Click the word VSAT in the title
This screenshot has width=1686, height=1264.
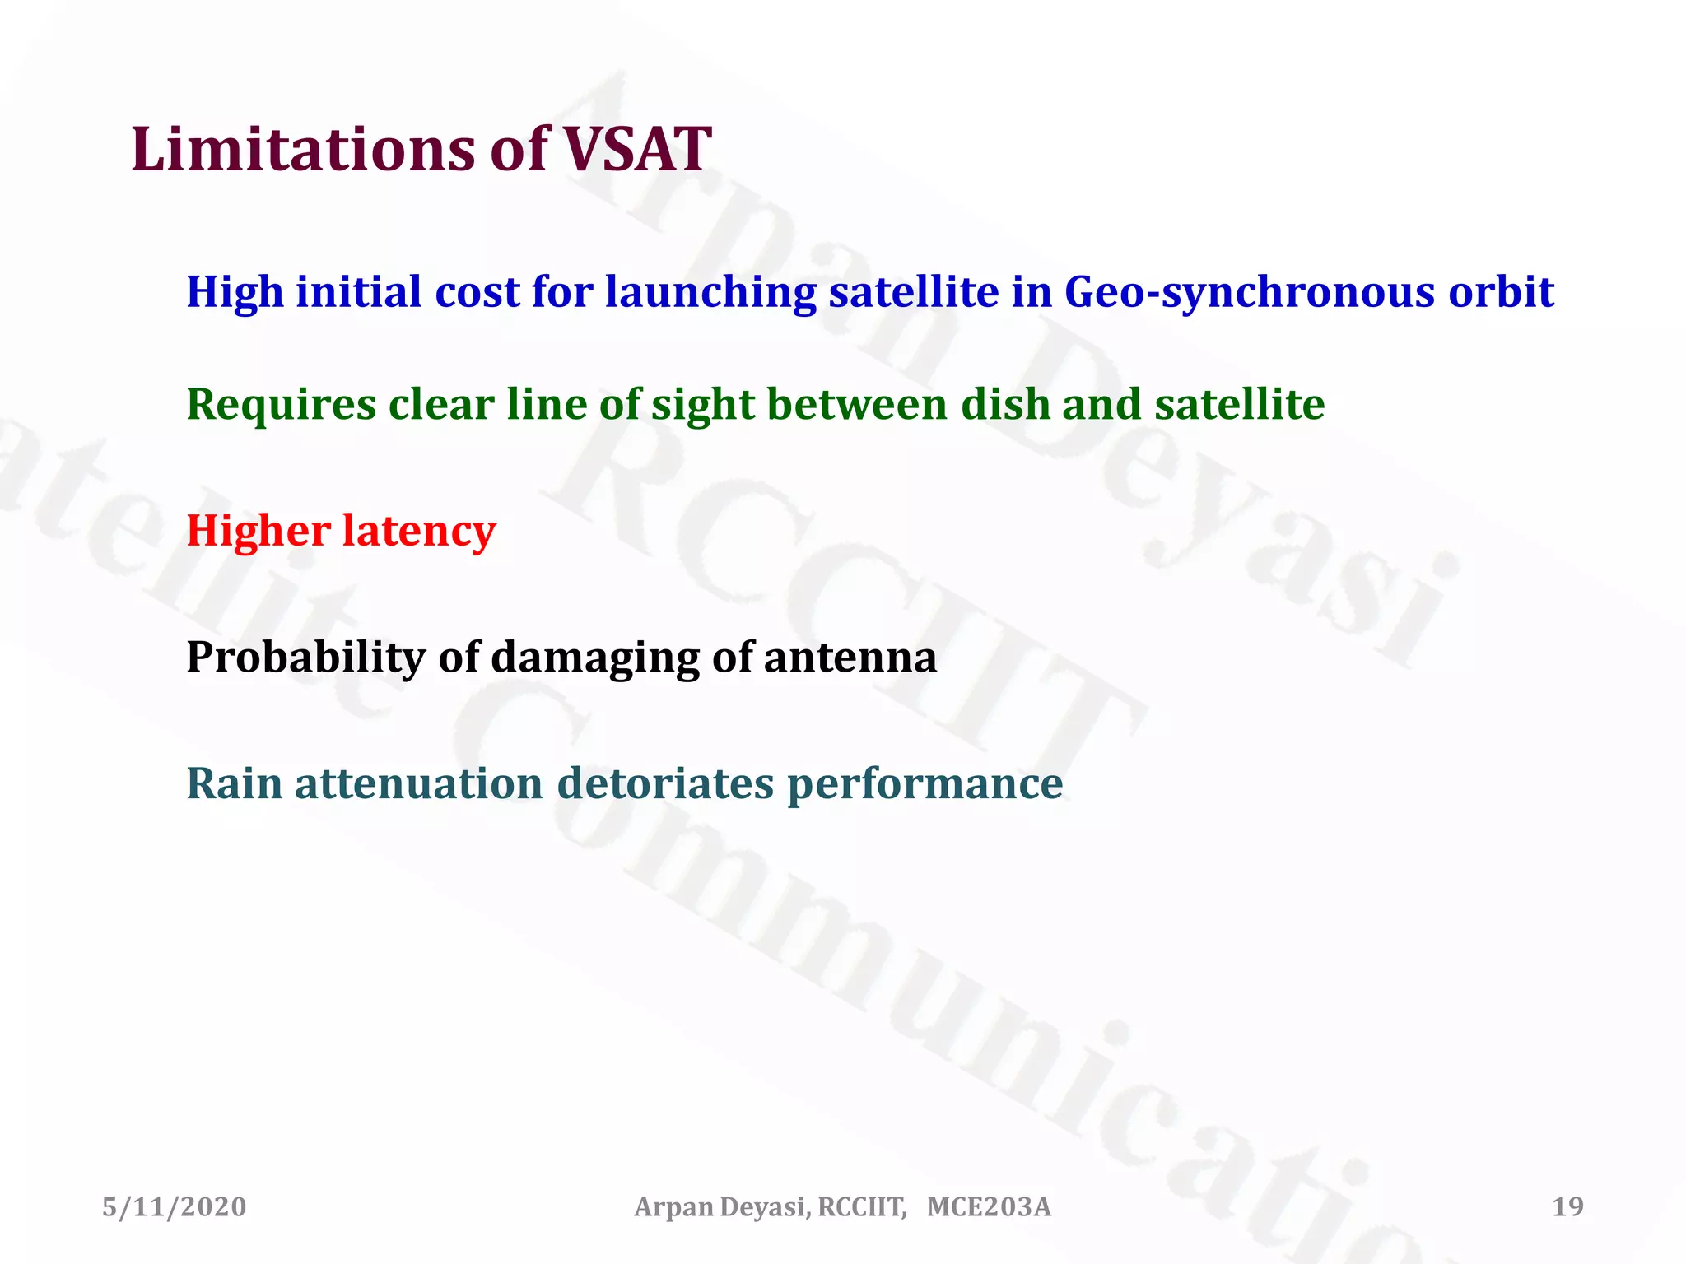(636, 150)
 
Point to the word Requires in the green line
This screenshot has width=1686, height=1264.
(281, 406)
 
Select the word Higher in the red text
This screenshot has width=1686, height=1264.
(258, 531)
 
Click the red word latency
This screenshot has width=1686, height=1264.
(419, 531)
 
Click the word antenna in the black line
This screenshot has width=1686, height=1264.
(850, 658)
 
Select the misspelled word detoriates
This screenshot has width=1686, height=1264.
(665, 783)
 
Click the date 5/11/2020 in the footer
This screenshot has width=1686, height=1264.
(174, 1207)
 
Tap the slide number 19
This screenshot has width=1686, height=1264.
(1567, 1207)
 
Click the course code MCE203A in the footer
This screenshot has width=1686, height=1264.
(989, 1207)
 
